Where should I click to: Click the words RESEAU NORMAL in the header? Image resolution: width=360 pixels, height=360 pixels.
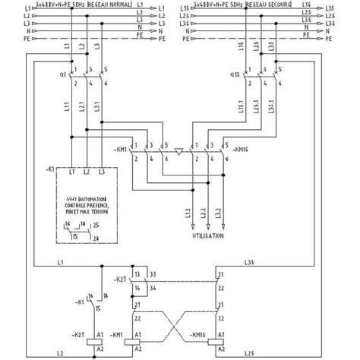[x=110, y=5]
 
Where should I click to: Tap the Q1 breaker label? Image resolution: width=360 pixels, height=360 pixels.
[x=62, y=74]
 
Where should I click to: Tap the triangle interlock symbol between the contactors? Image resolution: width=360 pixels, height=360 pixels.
[x=178, y=151]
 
